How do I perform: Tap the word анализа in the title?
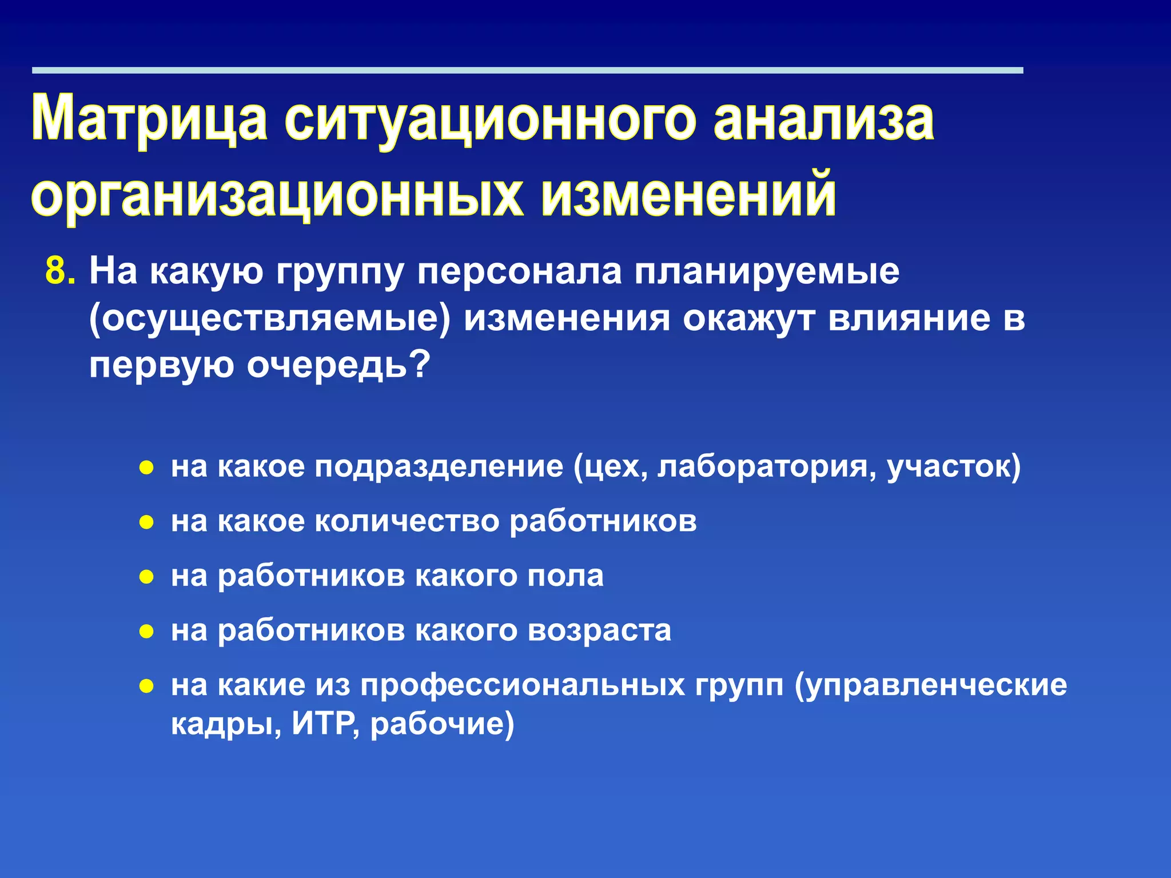click(824, 119)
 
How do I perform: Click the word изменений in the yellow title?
click(688, 195)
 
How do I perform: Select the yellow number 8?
click(59, 271)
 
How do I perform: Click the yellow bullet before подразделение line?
click(147, 468)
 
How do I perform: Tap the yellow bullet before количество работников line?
click(147, 522)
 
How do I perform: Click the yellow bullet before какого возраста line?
click(147, 632)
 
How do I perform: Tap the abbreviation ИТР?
click(326, 724)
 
